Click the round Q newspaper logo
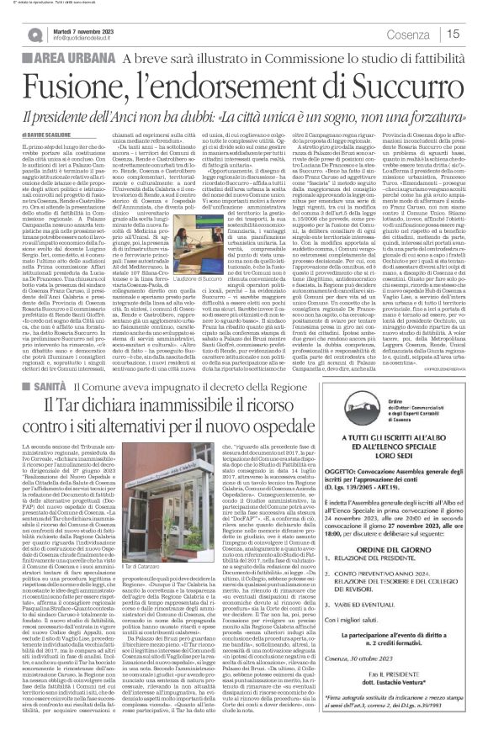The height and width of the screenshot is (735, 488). tap(35, 34)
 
